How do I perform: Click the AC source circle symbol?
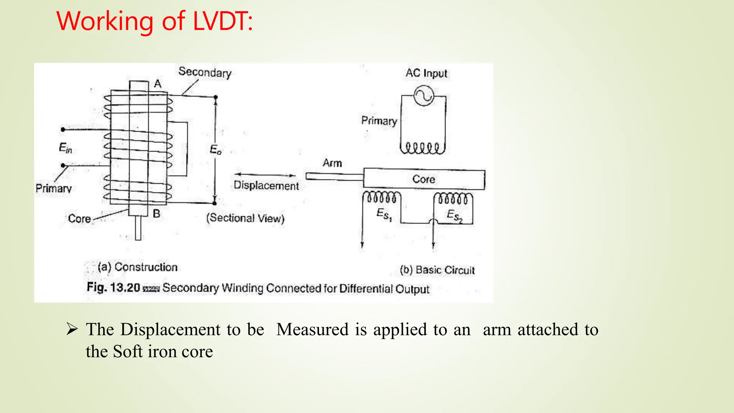424,96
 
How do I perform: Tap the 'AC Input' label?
426,73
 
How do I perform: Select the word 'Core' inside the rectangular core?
424,179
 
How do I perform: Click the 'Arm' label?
332,163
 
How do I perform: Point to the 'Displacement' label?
266,186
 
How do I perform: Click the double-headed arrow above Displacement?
265,175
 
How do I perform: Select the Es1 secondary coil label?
384,214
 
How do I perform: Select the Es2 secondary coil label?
454,215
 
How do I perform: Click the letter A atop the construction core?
158,84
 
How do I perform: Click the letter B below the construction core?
156,214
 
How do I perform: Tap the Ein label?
65,148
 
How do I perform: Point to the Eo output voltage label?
215,149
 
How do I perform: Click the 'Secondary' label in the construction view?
205,72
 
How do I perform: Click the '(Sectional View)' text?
245,218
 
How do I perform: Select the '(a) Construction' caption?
138,267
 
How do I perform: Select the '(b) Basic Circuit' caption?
437,270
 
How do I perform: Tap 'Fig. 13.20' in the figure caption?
113,288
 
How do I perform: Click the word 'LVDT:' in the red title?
223,21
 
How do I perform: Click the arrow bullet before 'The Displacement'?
72,329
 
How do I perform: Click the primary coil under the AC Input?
422,148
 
